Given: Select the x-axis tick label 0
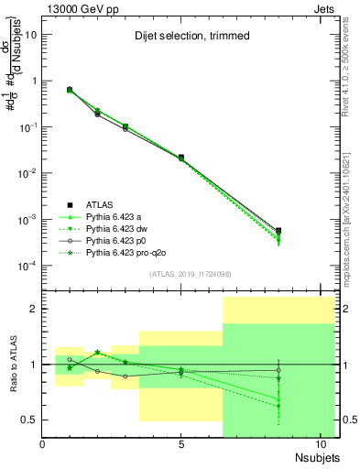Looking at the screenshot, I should (42, 444).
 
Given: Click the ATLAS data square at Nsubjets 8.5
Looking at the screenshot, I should (278, 231).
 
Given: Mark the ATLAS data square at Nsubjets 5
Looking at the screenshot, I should (181, 158).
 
